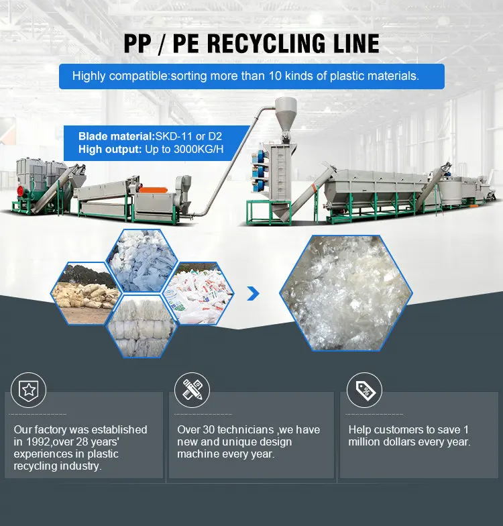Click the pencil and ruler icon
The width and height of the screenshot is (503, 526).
point(193,389)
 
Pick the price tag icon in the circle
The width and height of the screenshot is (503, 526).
point(364,389)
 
